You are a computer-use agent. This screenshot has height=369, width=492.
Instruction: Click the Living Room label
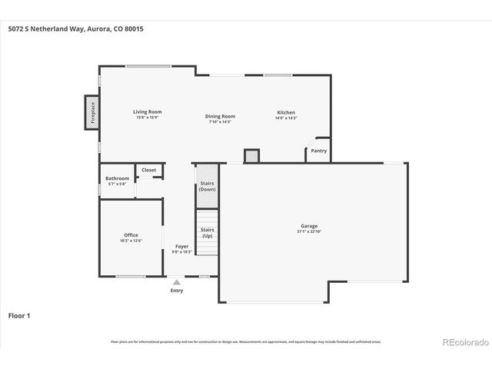click(x=148, y=112)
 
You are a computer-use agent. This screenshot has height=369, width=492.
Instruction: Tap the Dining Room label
click(x=220, y=116)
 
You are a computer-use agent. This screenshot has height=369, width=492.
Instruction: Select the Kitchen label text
click(x=286, y=112)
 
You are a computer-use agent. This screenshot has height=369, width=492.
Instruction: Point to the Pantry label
click(x=318, y=151)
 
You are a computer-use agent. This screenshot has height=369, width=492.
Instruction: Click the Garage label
click(x=309, y=227)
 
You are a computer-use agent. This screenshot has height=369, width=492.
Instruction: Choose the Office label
click(x=131, y=235)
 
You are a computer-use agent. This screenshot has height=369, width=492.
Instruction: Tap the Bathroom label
click(x=118, y=178)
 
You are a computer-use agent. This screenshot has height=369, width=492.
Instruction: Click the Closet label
click(x=148, y=170)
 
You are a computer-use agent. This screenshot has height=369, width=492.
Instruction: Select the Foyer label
click(x=181, y=247)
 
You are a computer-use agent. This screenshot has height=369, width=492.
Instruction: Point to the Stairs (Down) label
click(x=207, y=186)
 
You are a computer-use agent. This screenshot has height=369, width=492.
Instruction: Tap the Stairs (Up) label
click(x=207, y=232)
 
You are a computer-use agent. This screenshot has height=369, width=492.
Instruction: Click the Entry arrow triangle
click(x=177, y=282)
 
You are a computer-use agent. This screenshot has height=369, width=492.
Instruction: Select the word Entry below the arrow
click(x=177, y=291)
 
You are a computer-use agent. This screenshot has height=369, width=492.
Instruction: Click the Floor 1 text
click(x=20, y=315)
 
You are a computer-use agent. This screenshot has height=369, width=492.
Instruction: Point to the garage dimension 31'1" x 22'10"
click(x=309, y=231)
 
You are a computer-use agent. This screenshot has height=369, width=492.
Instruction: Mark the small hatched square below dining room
click(x=251, y=156)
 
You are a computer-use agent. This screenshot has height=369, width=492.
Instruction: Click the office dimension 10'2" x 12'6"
click(x=131, y=241)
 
